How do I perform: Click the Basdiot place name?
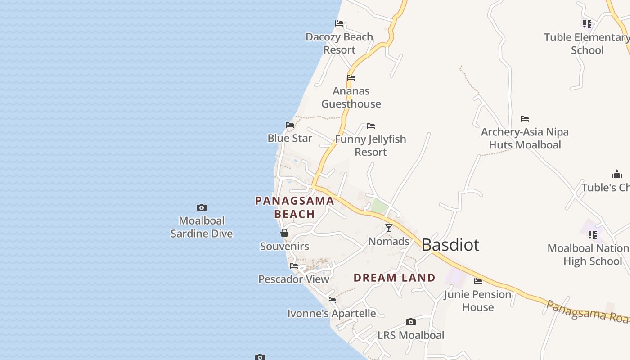point(450,245)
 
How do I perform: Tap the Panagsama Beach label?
point(295,207)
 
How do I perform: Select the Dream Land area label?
point(394,278)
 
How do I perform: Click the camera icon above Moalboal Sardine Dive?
point(202,207)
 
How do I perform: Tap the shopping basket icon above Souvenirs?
point(284,233)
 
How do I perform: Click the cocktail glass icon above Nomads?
point(389,228)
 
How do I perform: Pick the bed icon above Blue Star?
point(290,125)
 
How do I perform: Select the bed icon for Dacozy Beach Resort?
point(339,23)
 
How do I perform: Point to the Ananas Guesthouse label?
point(351,98)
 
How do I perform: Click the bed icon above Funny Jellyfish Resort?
point(371,126)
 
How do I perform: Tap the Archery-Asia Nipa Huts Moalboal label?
point(525,139)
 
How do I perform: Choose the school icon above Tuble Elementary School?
point(587,24)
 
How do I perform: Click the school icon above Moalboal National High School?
point(593,235)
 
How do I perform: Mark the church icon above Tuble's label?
point(616,174)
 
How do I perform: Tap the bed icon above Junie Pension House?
point(478,281)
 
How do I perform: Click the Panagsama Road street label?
point(587,310)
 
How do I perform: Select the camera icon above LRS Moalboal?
point(410,322)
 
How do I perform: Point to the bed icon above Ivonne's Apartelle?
point(332,300)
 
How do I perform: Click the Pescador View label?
point(294,279)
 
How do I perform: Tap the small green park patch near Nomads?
point(379,207)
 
